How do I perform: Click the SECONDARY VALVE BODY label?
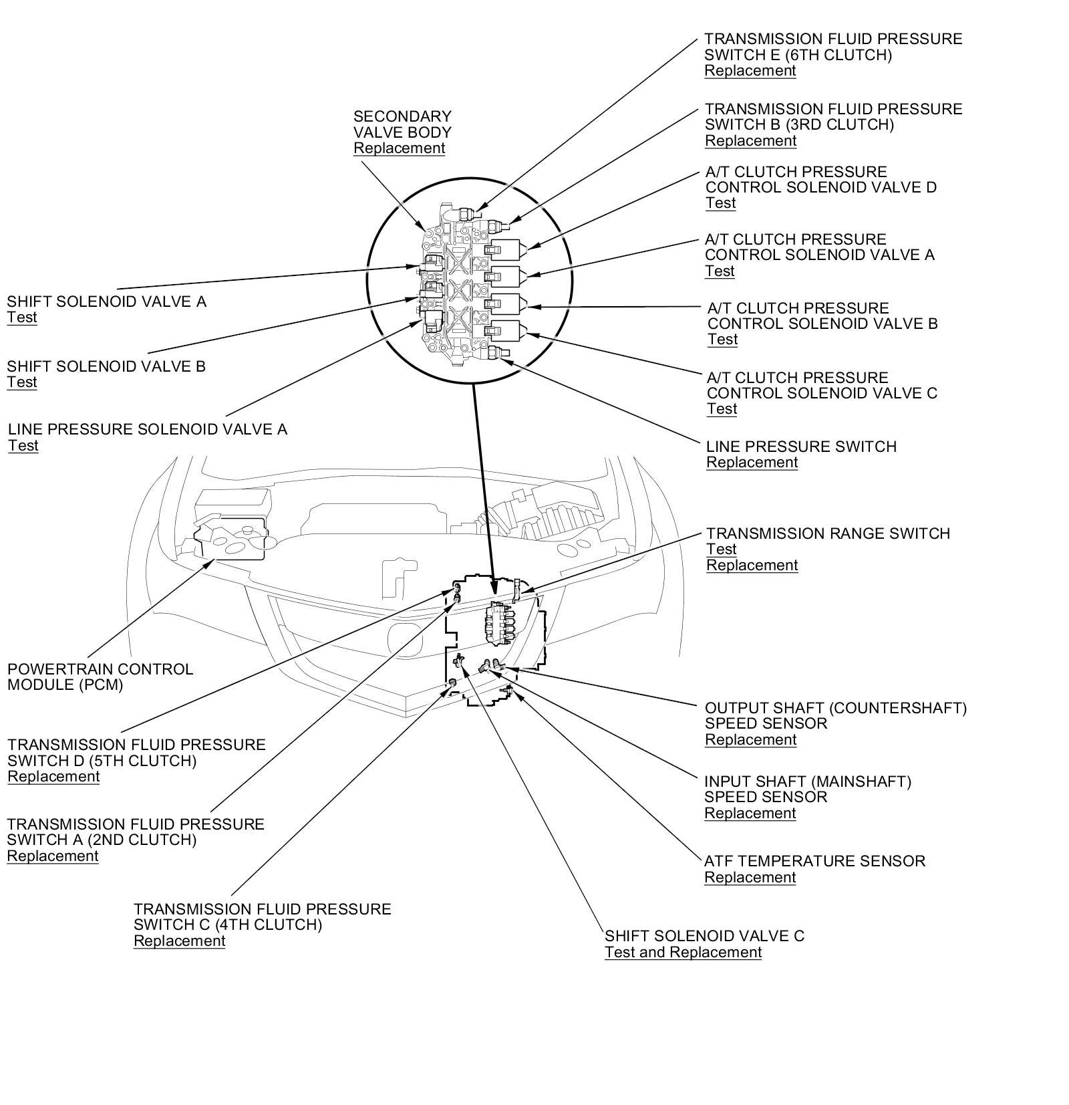coord(402,124)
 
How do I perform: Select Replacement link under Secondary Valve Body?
coord(399,148)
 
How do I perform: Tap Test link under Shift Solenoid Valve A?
coord(22,318)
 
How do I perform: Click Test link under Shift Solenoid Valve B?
coord(22,382)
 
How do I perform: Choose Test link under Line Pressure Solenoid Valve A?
coord(23,446)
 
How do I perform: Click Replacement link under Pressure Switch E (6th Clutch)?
coord(750,71)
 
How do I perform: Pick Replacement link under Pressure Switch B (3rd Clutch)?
coord(750,141)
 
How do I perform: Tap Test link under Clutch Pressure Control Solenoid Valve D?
coord(720,203)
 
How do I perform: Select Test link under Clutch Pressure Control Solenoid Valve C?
coord(722,409)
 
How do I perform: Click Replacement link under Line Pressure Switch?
coord(752,463)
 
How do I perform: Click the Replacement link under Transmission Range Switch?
coord(752,566)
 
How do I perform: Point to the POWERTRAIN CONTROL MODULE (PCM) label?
coord(100,677)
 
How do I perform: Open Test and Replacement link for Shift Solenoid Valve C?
coord(683,953)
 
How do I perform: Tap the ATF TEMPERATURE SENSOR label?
coord(814,861)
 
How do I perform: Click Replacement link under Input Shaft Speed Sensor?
coord(750,814)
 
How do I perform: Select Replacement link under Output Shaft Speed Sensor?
coord(750,740)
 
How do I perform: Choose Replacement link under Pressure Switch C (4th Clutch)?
coord(179,941)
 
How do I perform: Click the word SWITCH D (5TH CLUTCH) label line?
coord(102,761)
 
